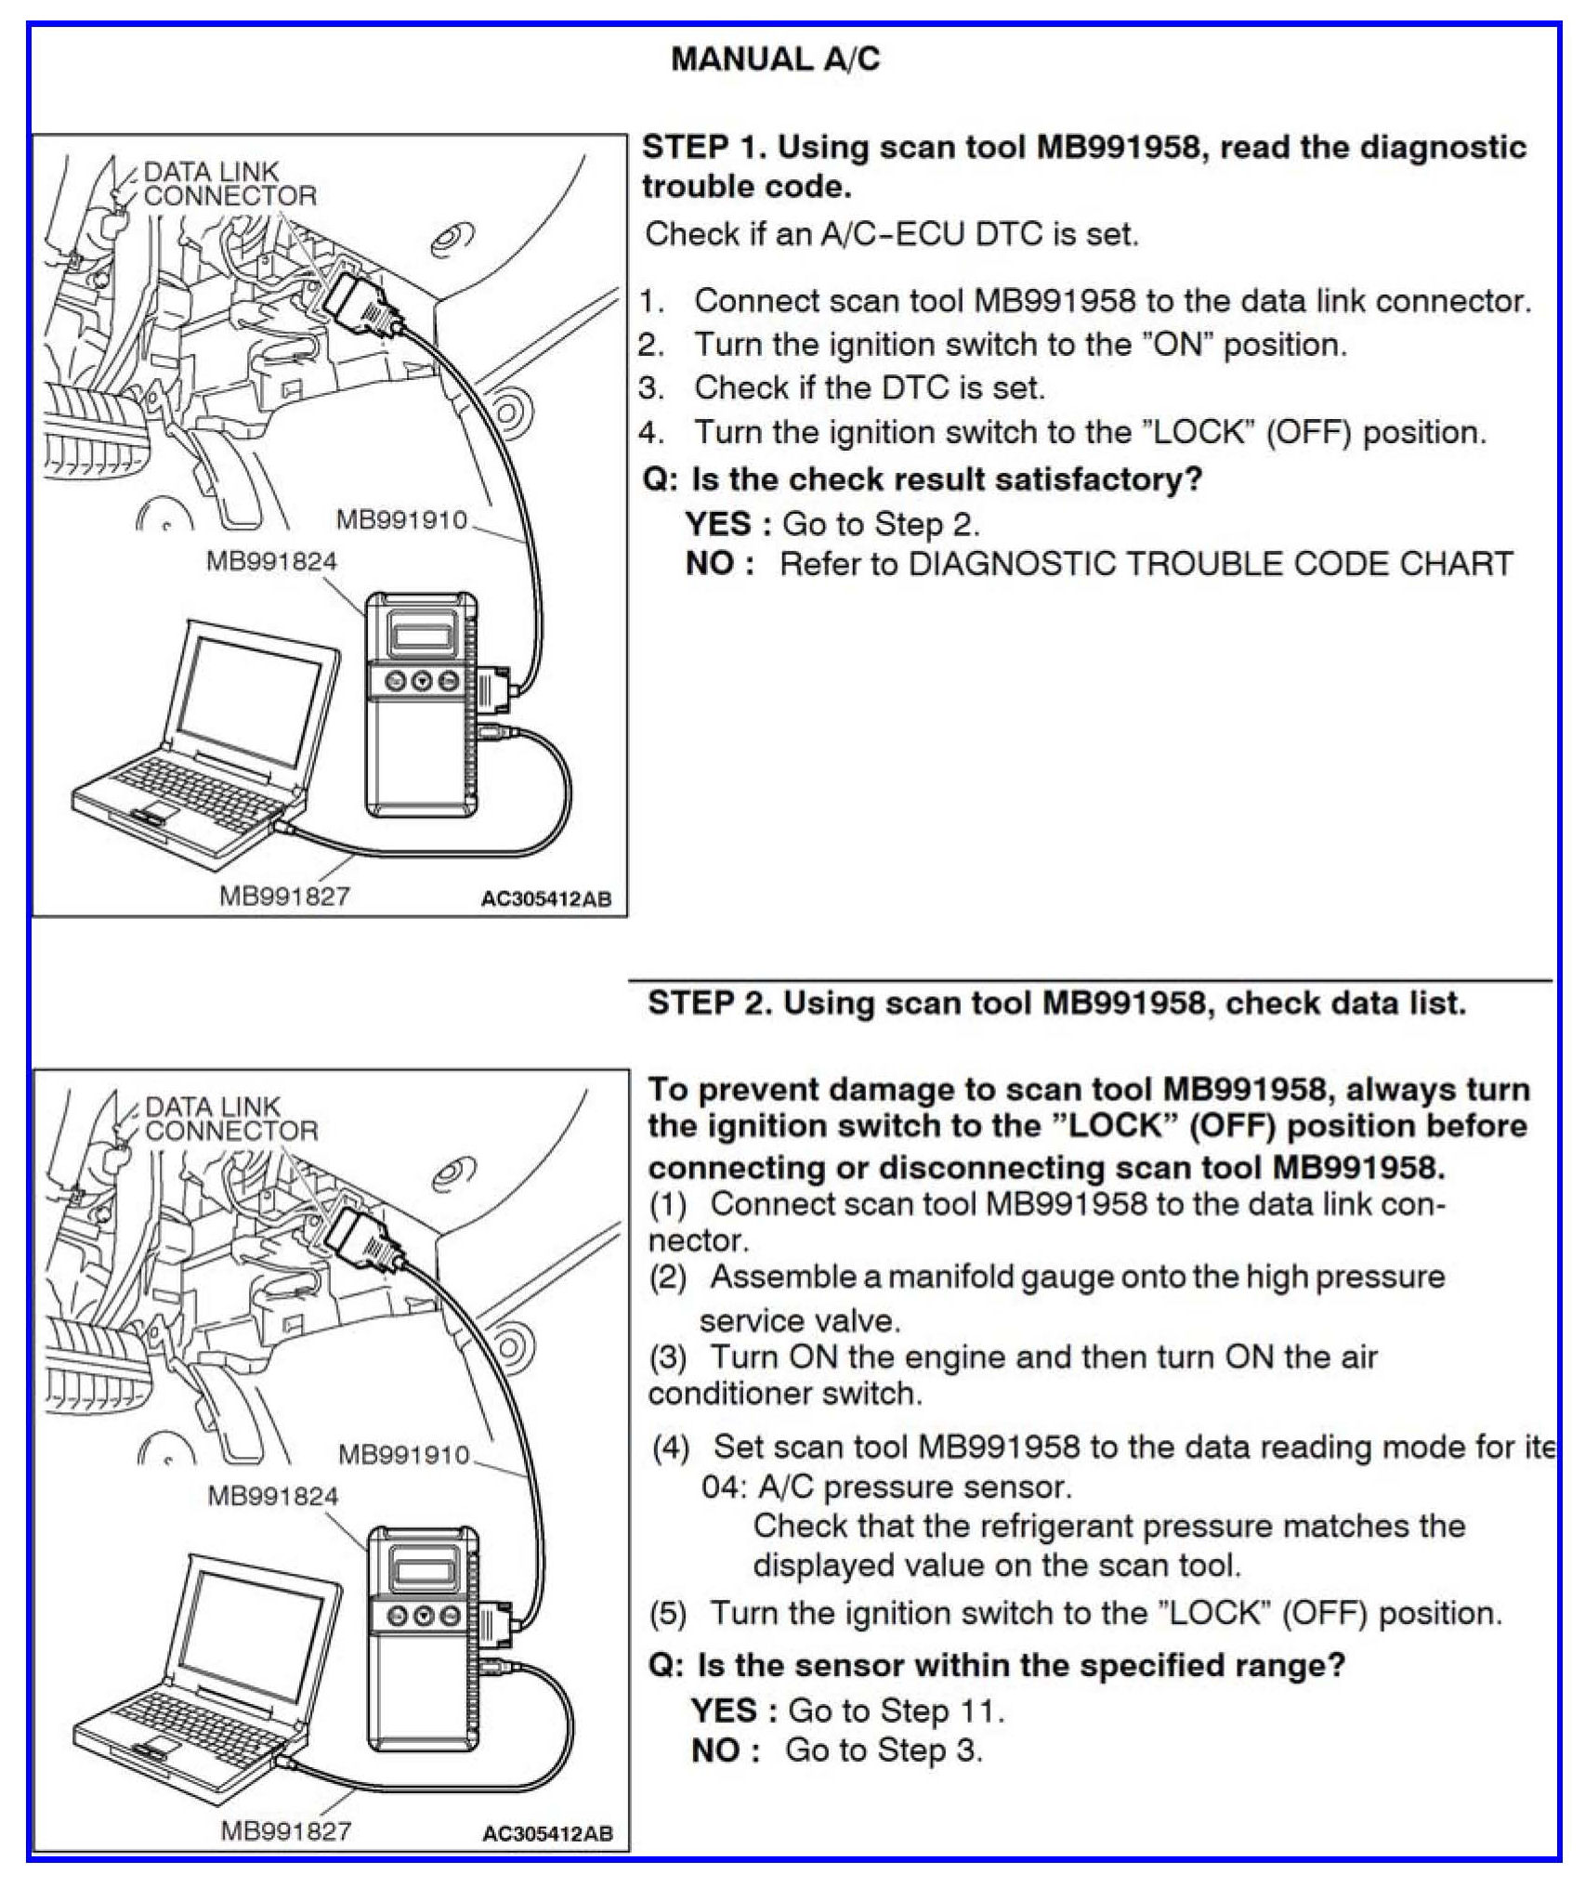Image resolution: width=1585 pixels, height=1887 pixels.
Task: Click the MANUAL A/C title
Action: click(x=775, y=60)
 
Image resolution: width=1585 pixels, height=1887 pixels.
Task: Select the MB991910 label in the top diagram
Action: click(x=401, y=519)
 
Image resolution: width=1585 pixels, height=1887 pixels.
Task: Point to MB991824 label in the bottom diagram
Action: click(x=272, y=1495)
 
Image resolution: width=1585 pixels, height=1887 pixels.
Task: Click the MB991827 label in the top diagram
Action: click(x=283, y=896)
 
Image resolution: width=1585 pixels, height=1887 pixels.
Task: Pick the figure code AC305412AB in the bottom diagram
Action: click(x=547, y=1833)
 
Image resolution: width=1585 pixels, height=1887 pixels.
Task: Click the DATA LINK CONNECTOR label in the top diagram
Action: click(x=229, y=183)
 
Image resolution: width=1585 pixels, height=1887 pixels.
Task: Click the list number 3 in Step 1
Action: click(x=650, y=387)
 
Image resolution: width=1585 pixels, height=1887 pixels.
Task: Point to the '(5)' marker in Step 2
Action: click(x=668, y=1613)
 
